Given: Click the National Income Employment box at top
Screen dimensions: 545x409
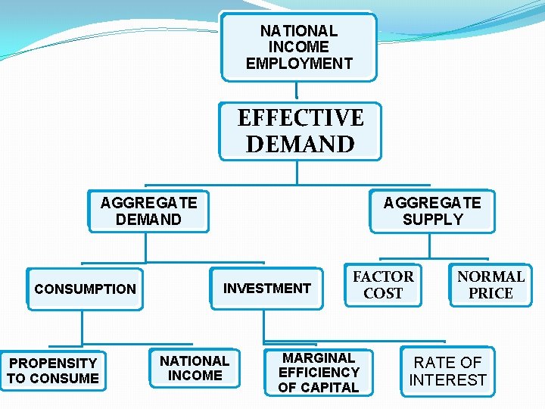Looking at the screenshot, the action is tap(299, 47).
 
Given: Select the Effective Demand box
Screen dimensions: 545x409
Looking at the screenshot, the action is tap(301, 131).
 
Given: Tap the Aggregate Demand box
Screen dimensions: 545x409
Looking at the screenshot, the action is tap(148, 211).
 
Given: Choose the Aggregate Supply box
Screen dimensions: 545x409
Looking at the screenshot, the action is tap(432, 211).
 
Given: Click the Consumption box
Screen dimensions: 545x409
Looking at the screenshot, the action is tap(85, 289).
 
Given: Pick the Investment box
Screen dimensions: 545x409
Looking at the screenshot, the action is tap(266, 288).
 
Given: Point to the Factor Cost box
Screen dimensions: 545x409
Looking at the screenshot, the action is tap(383, 285).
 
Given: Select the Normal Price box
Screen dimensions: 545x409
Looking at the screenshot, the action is tap(490, 285).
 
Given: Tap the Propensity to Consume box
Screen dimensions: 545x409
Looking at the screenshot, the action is tap(53, 370).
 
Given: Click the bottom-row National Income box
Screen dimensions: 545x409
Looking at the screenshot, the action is tap(195, 368).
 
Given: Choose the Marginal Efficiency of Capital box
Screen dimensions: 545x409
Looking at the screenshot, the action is tap(318, 372).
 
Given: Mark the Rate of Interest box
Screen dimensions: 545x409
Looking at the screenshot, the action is tap(447, 371).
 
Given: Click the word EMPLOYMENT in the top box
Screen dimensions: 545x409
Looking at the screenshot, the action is tap(299, 64).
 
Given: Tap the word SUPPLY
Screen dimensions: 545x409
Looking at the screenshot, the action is tap(432, 220).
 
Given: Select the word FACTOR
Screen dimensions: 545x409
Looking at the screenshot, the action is tap(383, 276).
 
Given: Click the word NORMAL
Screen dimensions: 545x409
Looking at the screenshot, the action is tap(490, 276).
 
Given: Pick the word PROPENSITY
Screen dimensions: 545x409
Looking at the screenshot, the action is tap(53, 363).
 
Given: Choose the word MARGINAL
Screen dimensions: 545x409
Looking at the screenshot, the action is tap(318, 357).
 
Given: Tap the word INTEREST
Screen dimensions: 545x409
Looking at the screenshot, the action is tap(447, 379).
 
